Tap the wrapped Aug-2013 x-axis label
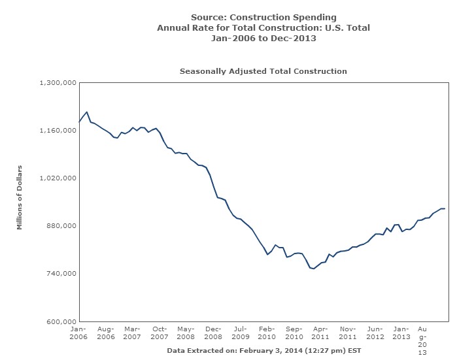point(422,338)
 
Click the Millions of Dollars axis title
point(20,198)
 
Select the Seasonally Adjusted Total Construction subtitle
point(263,71)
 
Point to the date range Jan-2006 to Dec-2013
point(263,39)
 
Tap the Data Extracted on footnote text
point(263,350)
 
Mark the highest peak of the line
point(87,112)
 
